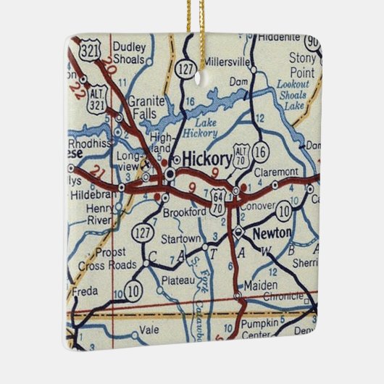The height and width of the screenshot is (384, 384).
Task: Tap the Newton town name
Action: [272, 233]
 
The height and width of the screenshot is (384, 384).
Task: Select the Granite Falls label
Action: [147, 109]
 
